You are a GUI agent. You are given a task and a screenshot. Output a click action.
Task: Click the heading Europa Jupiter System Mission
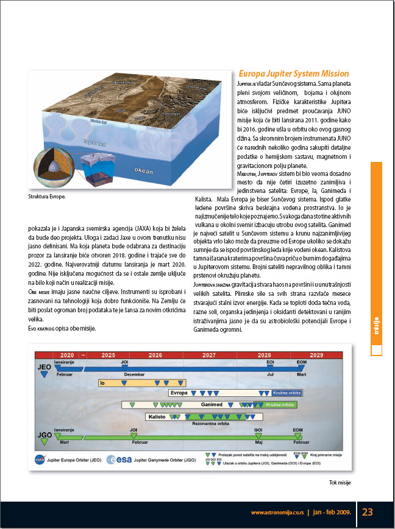pos(294,73)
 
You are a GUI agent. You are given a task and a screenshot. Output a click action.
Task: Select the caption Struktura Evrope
pos(47,197)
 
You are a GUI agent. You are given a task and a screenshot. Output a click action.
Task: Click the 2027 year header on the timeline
pos(208,355)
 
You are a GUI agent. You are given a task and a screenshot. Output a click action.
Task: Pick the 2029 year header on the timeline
pos(316,355)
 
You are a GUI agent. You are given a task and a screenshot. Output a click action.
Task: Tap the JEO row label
pos(43,368)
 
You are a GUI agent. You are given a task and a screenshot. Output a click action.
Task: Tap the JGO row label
pos(43,436)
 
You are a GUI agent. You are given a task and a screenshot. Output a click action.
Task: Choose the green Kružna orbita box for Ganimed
pos(283,405)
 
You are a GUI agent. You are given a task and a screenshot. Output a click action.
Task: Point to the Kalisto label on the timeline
pos(156,416)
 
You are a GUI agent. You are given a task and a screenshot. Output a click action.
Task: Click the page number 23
pos(367,512)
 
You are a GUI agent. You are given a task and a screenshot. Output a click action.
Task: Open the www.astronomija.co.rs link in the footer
pos(277,513)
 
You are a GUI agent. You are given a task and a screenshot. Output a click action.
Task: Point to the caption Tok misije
pos(341,483)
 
